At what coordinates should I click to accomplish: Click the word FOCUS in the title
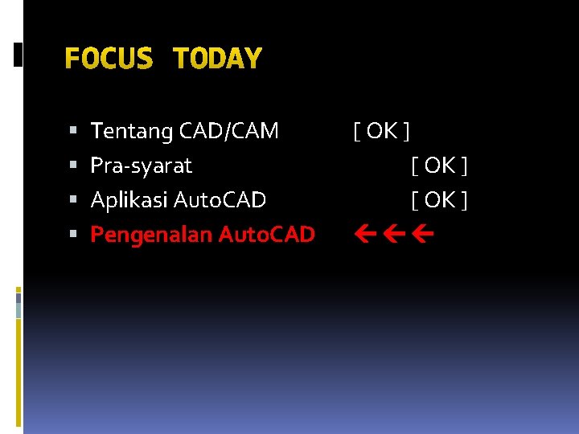[108, 59]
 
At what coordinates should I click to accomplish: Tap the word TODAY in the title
[217, 59]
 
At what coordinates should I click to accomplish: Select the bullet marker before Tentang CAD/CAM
[73, 130]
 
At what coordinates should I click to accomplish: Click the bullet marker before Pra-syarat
[73, 166]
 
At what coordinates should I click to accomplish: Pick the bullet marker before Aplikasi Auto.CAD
[73, 200]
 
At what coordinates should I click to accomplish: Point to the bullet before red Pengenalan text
[73, 235]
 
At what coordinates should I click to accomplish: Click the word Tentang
[132, 131]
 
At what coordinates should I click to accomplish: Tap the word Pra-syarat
[142, 166]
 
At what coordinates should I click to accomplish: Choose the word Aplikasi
[129, 199]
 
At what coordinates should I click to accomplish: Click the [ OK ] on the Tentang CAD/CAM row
[382, 130]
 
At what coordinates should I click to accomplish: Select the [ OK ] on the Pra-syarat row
[439, 166]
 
